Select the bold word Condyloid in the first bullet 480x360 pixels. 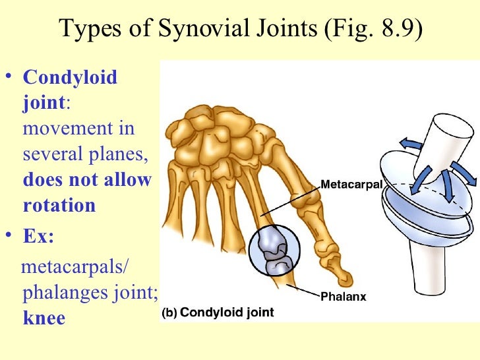(70, 78)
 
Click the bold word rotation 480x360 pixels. (59, 205)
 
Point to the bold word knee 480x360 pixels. (44, 318)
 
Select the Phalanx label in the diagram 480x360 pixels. (343, 297)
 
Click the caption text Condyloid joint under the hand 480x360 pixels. (226, 313)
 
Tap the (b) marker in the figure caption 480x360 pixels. (169, 313)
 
